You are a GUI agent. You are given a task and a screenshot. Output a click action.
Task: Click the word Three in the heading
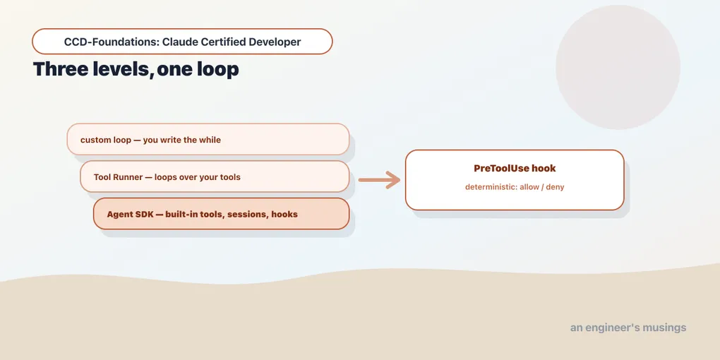[61, 69]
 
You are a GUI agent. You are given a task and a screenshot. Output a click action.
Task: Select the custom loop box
[208, 139]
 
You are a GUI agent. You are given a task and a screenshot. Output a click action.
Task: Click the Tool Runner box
[215, 176]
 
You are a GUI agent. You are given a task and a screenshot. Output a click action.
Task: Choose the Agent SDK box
[222, 213]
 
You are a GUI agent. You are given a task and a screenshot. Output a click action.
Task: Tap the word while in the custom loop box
[210, 140]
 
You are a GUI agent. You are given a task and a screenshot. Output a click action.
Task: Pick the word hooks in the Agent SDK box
[284, 214]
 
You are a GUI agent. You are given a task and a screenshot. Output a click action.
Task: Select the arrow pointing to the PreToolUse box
[379, 179]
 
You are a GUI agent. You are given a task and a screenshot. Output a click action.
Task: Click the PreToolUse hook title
[515, 168]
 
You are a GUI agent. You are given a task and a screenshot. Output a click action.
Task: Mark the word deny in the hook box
[555, 187]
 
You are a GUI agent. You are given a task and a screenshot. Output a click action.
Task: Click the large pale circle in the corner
[618, 67]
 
